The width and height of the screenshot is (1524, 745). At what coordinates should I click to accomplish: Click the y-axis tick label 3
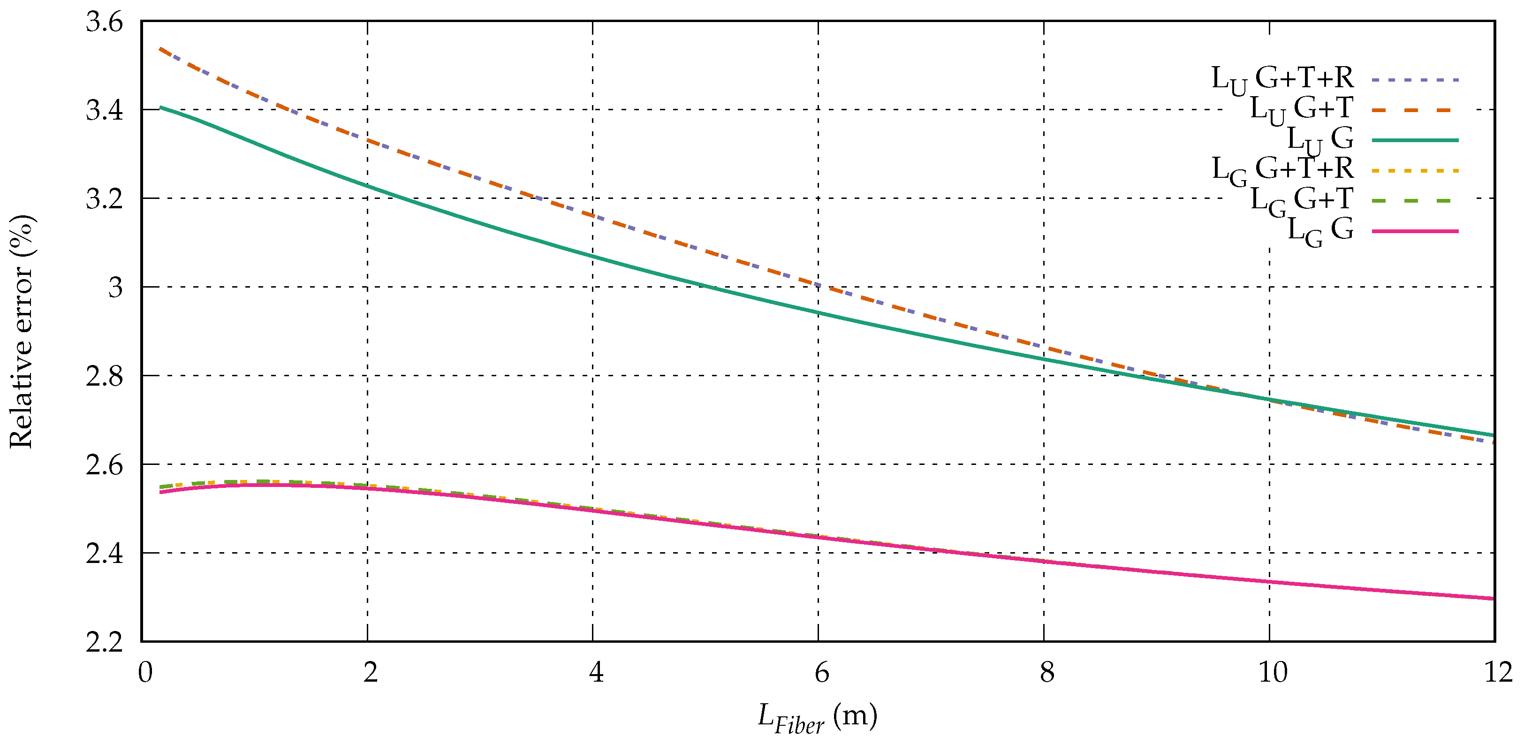click(115, 288)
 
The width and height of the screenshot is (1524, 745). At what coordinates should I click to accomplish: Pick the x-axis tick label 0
click(145, 672)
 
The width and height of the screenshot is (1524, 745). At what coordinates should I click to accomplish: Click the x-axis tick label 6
click(821, 672)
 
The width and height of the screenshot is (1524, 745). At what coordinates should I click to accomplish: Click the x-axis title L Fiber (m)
click(818, 718)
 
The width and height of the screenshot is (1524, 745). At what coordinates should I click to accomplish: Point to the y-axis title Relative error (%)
click(23, 331)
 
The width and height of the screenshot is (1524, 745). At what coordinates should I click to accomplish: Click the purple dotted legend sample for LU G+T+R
click(1415, 80)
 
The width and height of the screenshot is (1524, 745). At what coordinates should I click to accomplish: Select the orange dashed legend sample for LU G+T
click(1415, 110)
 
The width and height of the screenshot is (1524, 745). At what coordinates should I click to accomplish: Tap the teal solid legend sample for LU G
click(1415, 140)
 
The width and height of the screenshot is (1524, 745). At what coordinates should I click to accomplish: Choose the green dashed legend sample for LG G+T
click(1415, 201)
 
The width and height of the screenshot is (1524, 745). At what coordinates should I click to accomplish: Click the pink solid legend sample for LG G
click(1415, 231)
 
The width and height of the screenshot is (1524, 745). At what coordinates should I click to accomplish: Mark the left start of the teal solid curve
click(160, 108)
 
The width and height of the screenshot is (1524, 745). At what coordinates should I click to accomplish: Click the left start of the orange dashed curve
click(160, 48)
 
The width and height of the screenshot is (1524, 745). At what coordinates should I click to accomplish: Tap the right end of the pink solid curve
click(1493, 599)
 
